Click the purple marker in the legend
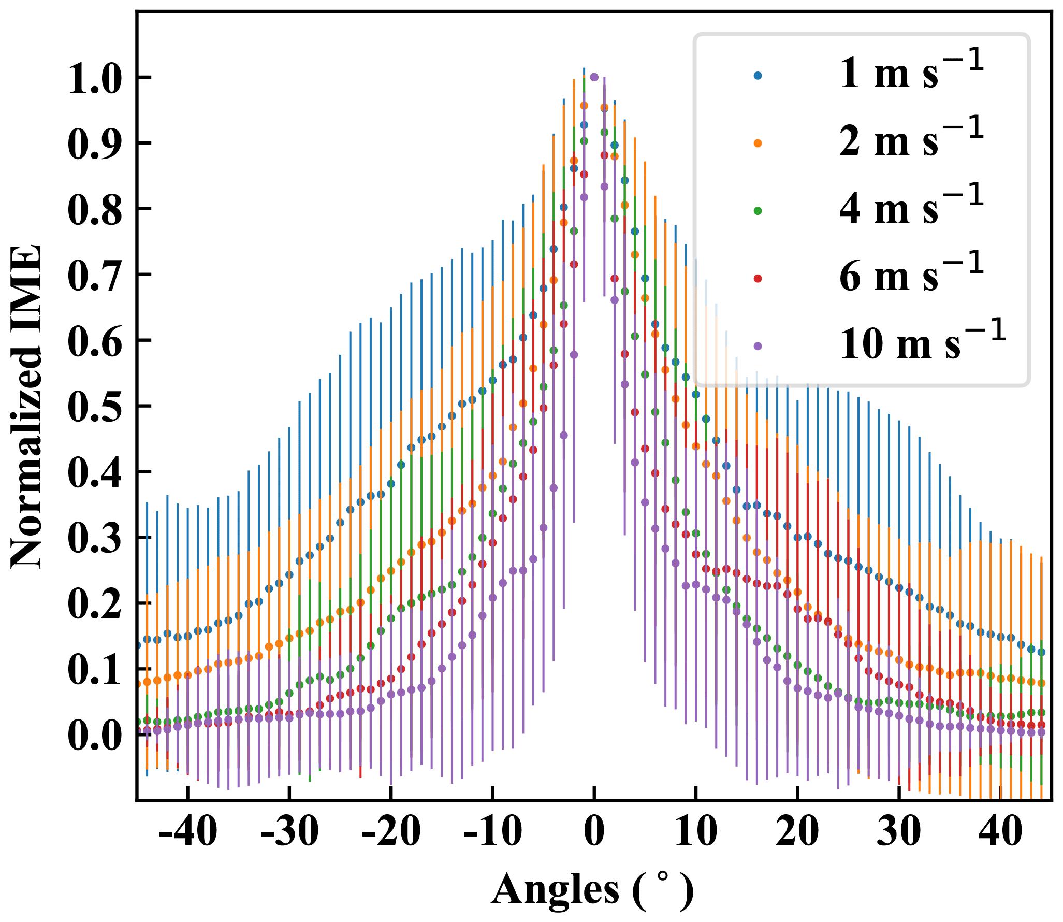(x=758, y=345)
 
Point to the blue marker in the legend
(x=758, y=76)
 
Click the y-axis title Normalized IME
(x=26, y=406)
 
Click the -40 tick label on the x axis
(x=187, y=831)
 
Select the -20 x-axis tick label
(x=391, y=831)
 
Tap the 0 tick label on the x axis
(x=594, y=831)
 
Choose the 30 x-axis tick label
(x=899, y=831)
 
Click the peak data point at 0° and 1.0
(x=594, y=77)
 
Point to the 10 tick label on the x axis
(x=695, y=831)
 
